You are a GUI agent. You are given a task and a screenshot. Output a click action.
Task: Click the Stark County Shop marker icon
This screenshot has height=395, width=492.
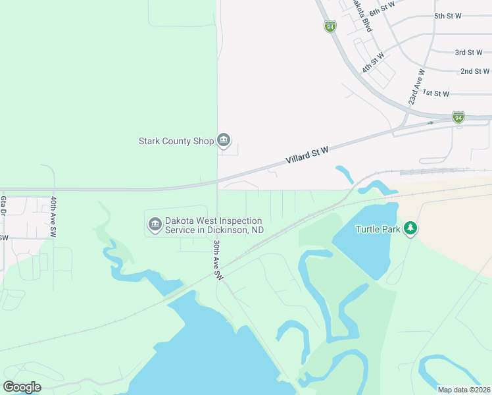tap(224, 140)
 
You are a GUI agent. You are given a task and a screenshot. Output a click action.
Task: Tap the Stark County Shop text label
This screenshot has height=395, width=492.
tap(176, 141)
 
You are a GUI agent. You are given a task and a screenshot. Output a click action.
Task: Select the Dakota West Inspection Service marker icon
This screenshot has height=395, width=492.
tap(155, 225)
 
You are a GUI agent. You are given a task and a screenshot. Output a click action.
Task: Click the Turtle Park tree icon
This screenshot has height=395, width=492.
tap(411, 228)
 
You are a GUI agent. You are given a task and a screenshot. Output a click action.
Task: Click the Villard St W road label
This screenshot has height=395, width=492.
tap(307, 156)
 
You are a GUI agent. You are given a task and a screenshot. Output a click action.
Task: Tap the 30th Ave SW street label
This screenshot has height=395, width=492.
tap(218, 261)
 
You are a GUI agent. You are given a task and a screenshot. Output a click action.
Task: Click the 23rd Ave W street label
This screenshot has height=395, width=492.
tap(416, 87)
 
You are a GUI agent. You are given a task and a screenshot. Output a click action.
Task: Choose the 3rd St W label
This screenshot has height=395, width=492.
tap(469, 52)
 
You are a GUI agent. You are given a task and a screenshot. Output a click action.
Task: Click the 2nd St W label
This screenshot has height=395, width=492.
tap(474, 71)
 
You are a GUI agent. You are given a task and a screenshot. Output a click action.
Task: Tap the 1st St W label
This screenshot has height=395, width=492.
tap(435, 93)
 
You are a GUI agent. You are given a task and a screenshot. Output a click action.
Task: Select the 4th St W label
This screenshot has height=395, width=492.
tap(372, 63)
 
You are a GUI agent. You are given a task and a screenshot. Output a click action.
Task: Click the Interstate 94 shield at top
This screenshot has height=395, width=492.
tap(330, 26)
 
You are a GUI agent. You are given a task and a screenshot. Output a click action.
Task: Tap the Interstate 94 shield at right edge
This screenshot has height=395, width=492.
tap(458, 117)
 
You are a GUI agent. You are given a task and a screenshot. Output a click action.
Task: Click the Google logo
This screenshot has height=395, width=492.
tap(22, 387)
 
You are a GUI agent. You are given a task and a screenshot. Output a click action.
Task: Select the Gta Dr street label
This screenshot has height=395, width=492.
tap(3, 205)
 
